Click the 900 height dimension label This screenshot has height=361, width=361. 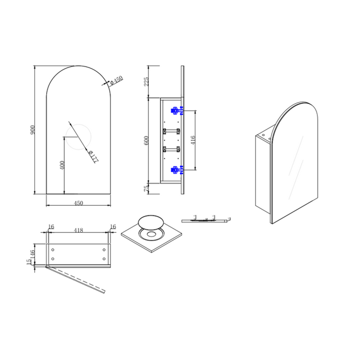(32, 130)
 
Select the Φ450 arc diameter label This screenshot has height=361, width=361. (117, 80)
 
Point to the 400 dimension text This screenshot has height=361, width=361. (62, 165)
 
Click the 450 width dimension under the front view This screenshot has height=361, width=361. (78, 203)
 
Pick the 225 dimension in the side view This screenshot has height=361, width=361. (146, 82)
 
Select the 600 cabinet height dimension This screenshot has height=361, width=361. (146, 141)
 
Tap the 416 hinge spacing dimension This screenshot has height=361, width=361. (193, 140)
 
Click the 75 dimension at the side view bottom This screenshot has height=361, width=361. (146, 189)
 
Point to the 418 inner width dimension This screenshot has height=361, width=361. (78, 230)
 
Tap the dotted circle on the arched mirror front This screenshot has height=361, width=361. (78, 137)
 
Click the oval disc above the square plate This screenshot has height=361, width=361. (151, 221)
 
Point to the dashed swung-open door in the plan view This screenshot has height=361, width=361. (76, 279)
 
